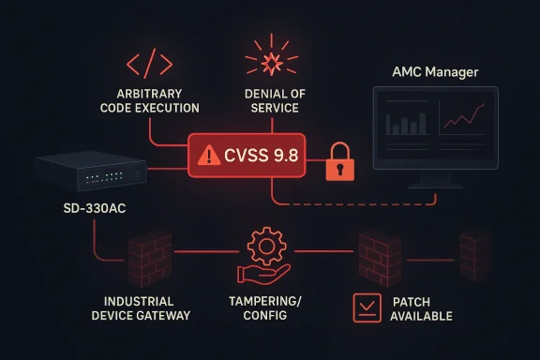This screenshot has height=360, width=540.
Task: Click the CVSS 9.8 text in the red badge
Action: pos(261,155)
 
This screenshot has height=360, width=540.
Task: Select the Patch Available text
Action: pos(421,308)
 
